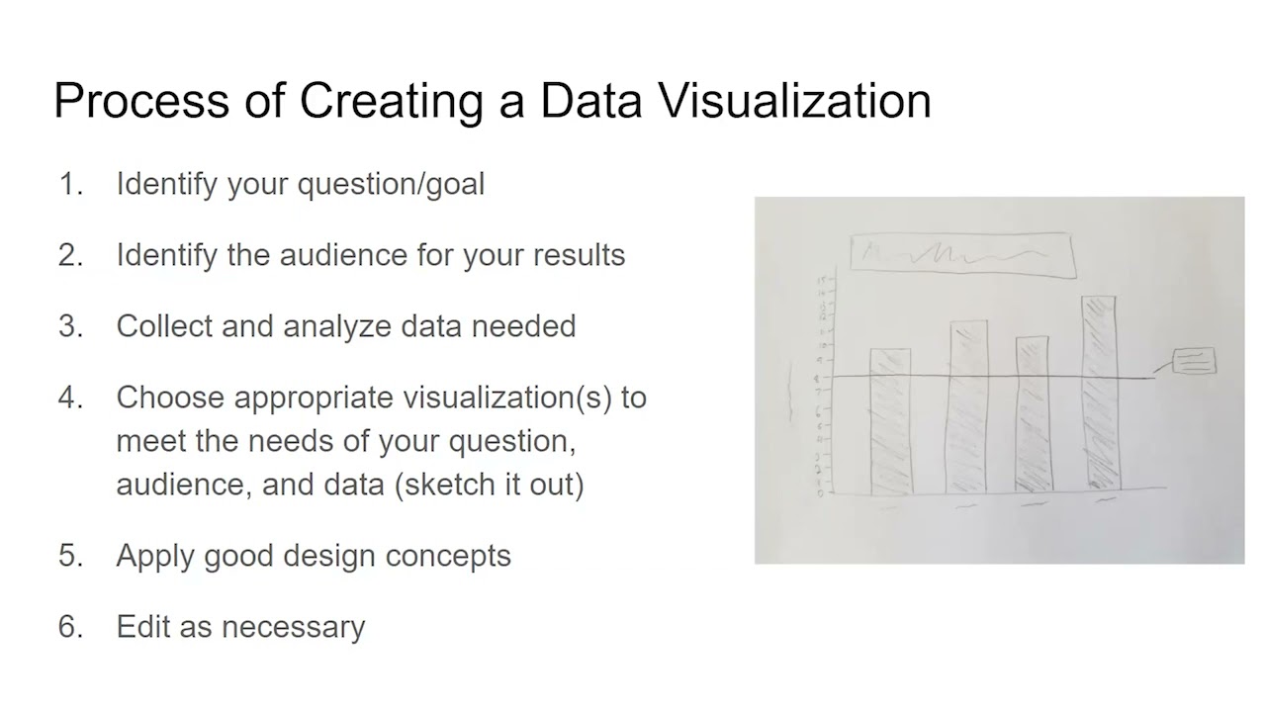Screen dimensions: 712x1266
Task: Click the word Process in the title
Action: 138,101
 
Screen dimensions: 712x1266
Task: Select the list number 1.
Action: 70,184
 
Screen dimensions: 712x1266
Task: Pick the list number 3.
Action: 70,326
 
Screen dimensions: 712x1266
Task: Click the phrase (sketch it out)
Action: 490,485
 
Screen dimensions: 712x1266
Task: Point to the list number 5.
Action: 70,556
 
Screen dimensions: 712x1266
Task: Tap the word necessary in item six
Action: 293,627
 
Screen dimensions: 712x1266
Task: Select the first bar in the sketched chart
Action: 890,420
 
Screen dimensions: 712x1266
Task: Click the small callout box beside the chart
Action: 1194,361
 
